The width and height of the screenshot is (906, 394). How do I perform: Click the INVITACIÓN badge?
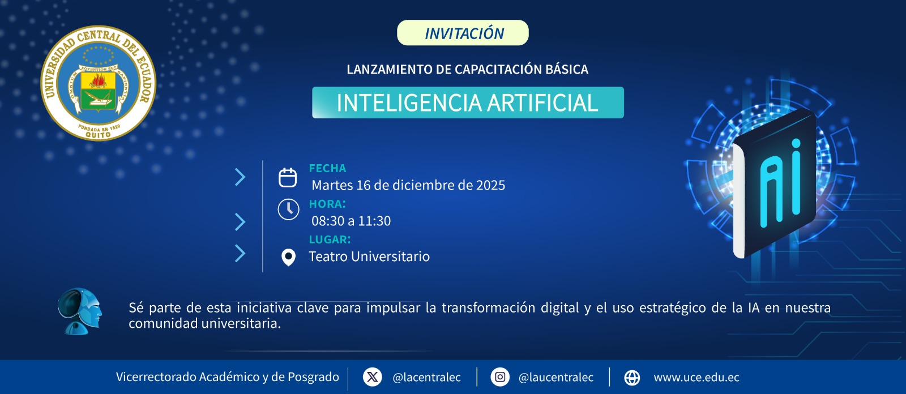coord(463,33)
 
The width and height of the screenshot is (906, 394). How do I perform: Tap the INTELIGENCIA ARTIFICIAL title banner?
coord(468,102)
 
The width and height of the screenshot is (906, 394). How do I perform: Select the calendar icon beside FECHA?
coord(288,177)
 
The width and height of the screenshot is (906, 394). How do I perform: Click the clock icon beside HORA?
coord(288,209)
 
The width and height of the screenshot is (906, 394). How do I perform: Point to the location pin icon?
coord(288,257)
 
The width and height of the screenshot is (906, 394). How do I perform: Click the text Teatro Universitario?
coord(369,256)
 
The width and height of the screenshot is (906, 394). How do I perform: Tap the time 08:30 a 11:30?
coord(351,221)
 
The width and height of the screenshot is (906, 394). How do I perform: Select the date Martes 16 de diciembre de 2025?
coord(408,185)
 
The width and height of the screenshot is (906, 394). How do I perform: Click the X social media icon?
coord(373,377)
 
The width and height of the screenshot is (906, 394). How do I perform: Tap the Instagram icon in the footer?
coord(500,377)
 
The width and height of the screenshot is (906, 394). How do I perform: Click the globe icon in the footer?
coord(632,378)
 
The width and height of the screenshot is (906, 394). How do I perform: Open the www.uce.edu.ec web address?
coord(696,378)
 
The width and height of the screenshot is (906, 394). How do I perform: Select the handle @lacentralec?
coord(426,378)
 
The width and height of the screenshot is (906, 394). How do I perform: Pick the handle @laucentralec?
coord(555,378)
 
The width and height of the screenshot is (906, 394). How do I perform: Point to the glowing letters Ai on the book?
coord(780,184)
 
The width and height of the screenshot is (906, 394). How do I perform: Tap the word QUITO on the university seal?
coord(99,135)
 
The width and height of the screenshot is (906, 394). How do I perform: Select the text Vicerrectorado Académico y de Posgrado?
coord(227,377)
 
